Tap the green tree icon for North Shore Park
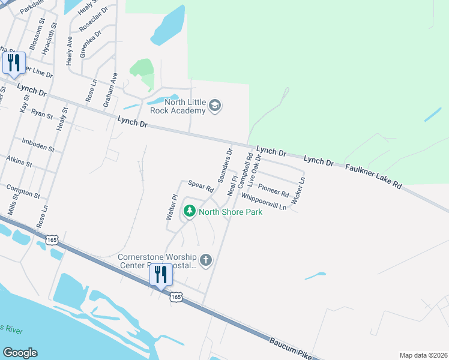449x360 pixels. [190, 211]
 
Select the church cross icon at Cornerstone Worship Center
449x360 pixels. [206, 260]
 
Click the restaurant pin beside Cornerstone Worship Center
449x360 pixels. [161, 275]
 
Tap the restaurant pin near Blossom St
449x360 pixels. [13, 63]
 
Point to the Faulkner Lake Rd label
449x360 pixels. [373, 175]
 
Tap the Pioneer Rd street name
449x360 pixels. [274, 190]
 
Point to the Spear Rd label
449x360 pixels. [201, 186]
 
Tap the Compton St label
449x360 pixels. [23, 192]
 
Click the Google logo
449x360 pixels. [20, 353]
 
